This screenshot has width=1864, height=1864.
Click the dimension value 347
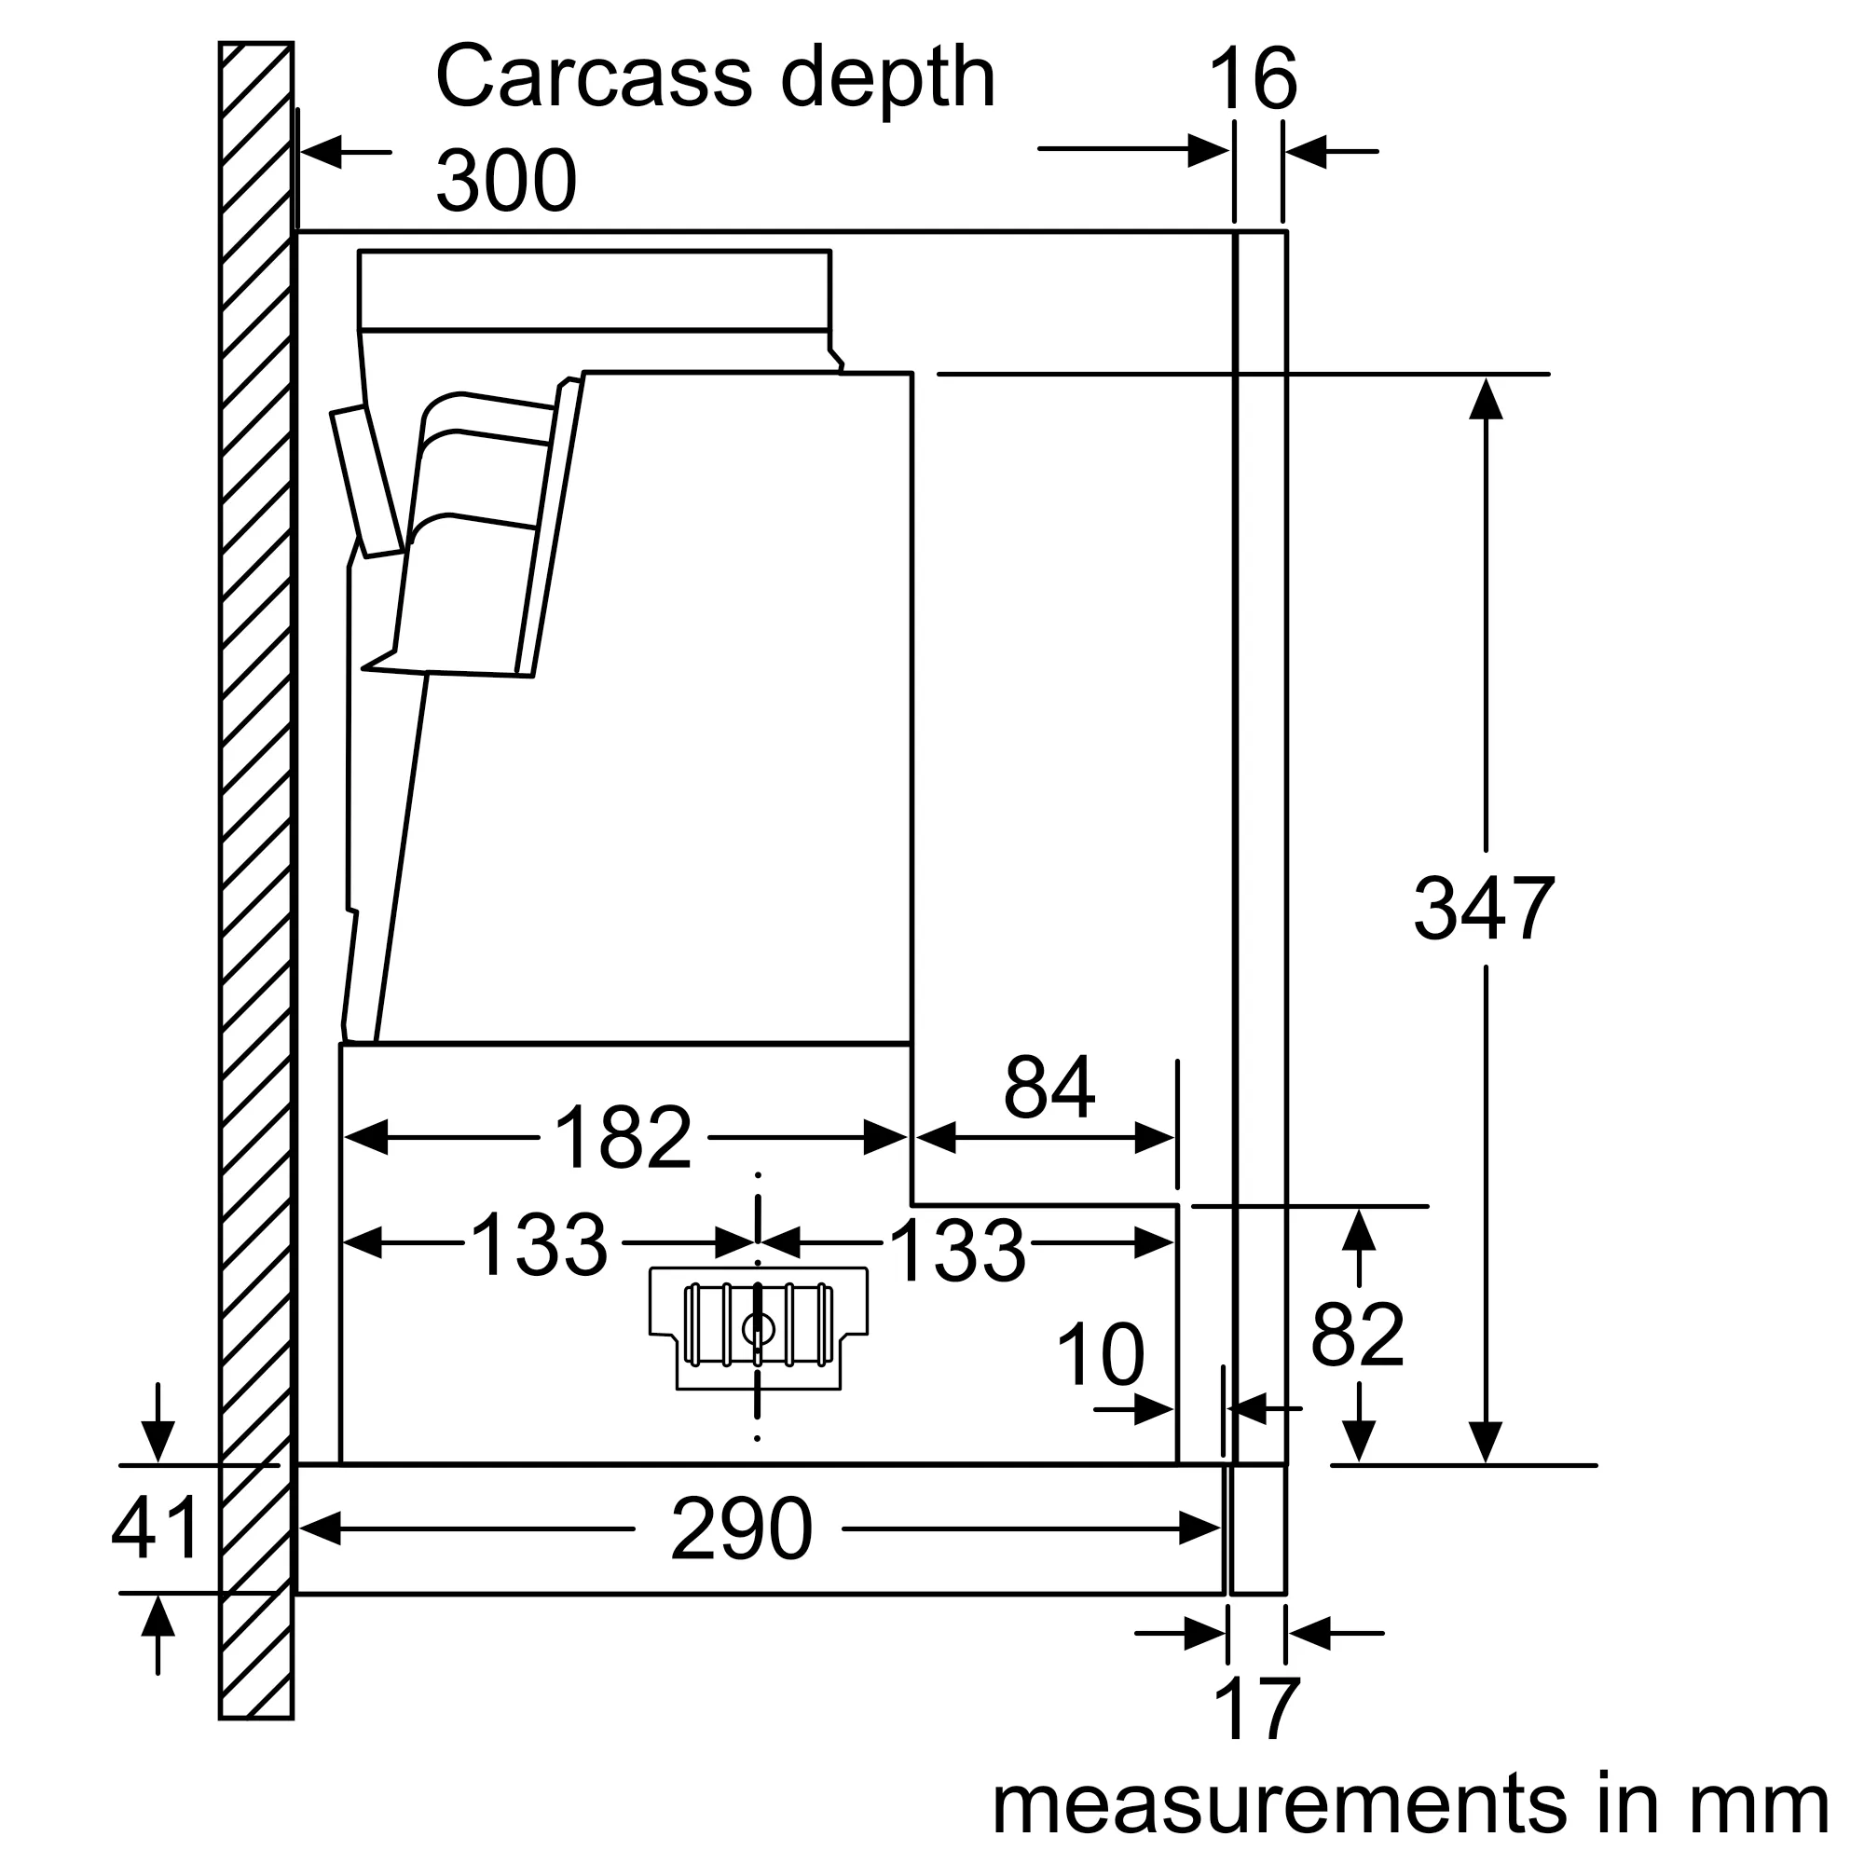coord(1483,909)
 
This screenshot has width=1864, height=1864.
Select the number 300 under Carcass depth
coord(505,182)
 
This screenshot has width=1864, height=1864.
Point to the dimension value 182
coord(624,1137)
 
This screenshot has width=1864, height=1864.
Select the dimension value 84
coord(1048,1088)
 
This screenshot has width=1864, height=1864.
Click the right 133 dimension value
coord(957,1251)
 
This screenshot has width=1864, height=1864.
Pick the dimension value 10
coord(1101,1355)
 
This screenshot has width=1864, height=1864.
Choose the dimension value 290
coord(741,1529)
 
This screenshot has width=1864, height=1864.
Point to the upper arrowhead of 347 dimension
coord(1486,400)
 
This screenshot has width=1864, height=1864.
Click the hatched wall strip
coord(255,869)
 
